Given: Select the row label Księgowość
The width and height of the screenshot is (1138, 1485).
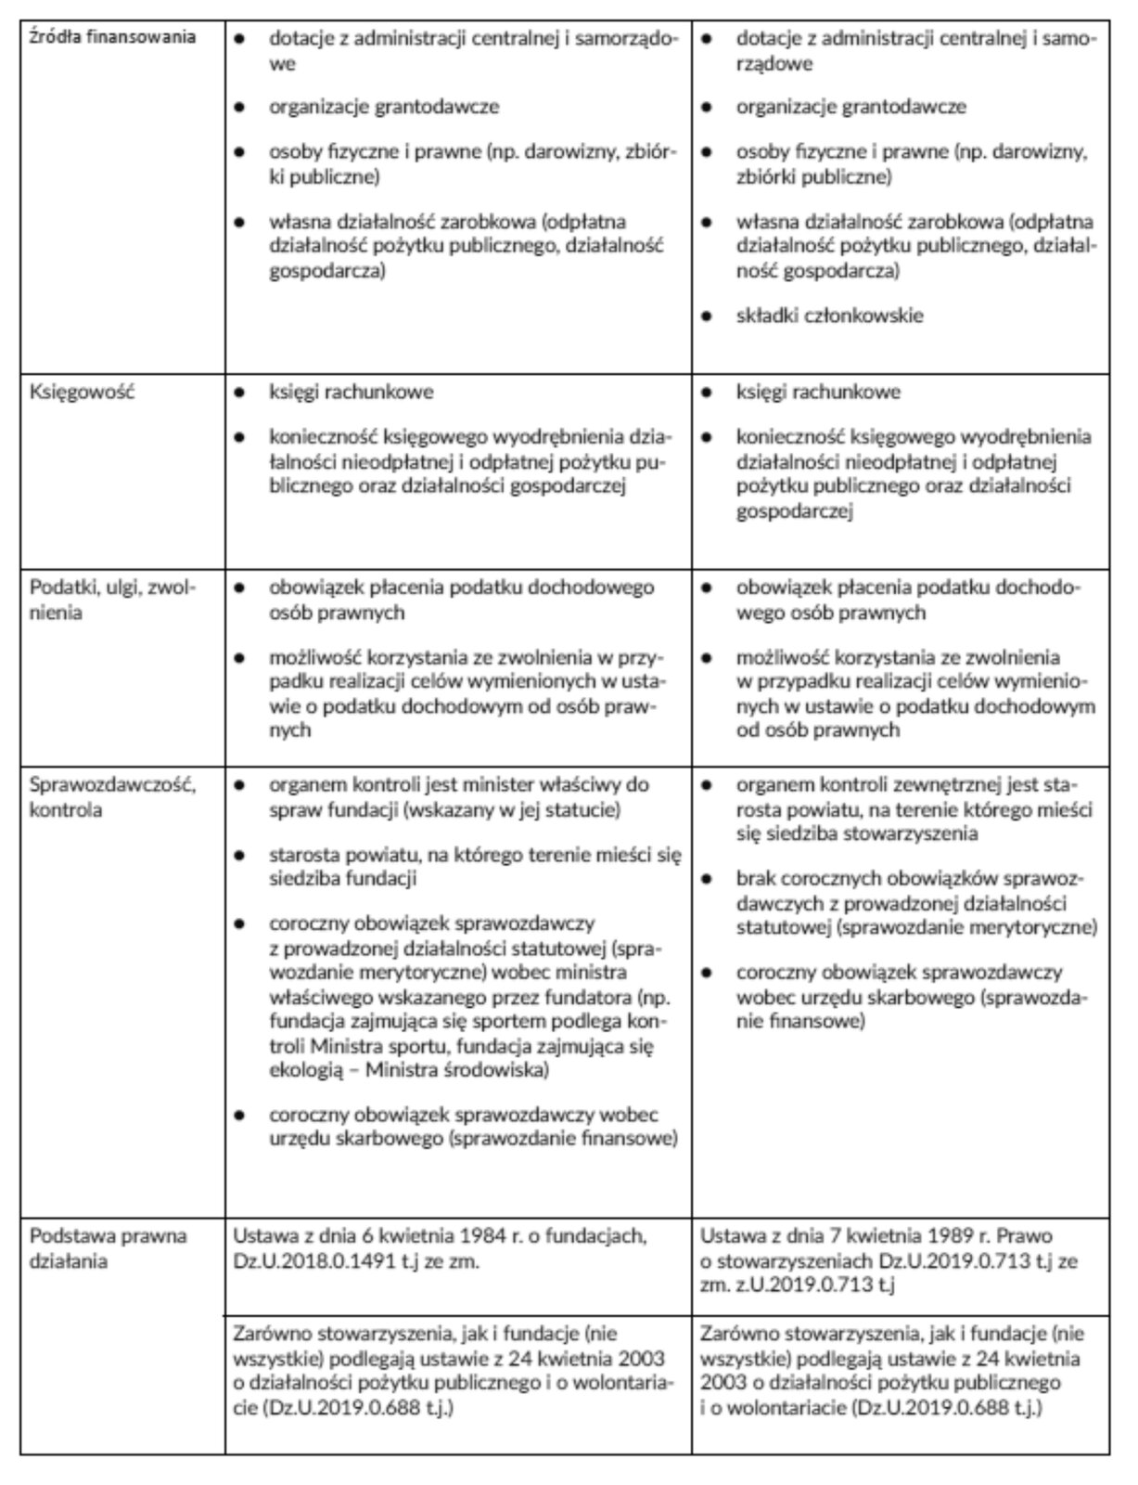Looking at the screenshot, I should point(82,392).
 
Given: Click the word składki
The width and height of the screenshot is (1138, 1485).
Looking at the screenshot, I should point(767,316).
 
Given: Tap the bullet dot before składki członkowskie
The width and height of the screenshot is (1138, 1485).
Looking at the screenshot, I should point(707,316).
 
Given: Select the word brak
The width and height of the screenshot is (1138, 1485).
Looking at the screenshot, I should point(756,878).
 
